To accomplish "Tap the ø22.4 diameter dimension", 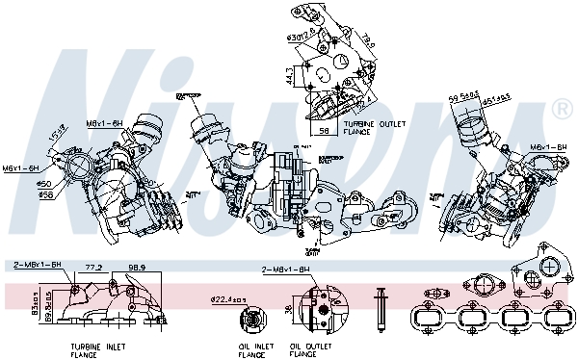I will (225, 297).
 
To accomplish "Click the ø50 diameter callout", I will (43, 183).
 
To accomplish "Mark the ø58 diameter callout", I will (43, 193).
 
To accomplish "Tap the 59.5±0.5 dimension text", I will (465, 95).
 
